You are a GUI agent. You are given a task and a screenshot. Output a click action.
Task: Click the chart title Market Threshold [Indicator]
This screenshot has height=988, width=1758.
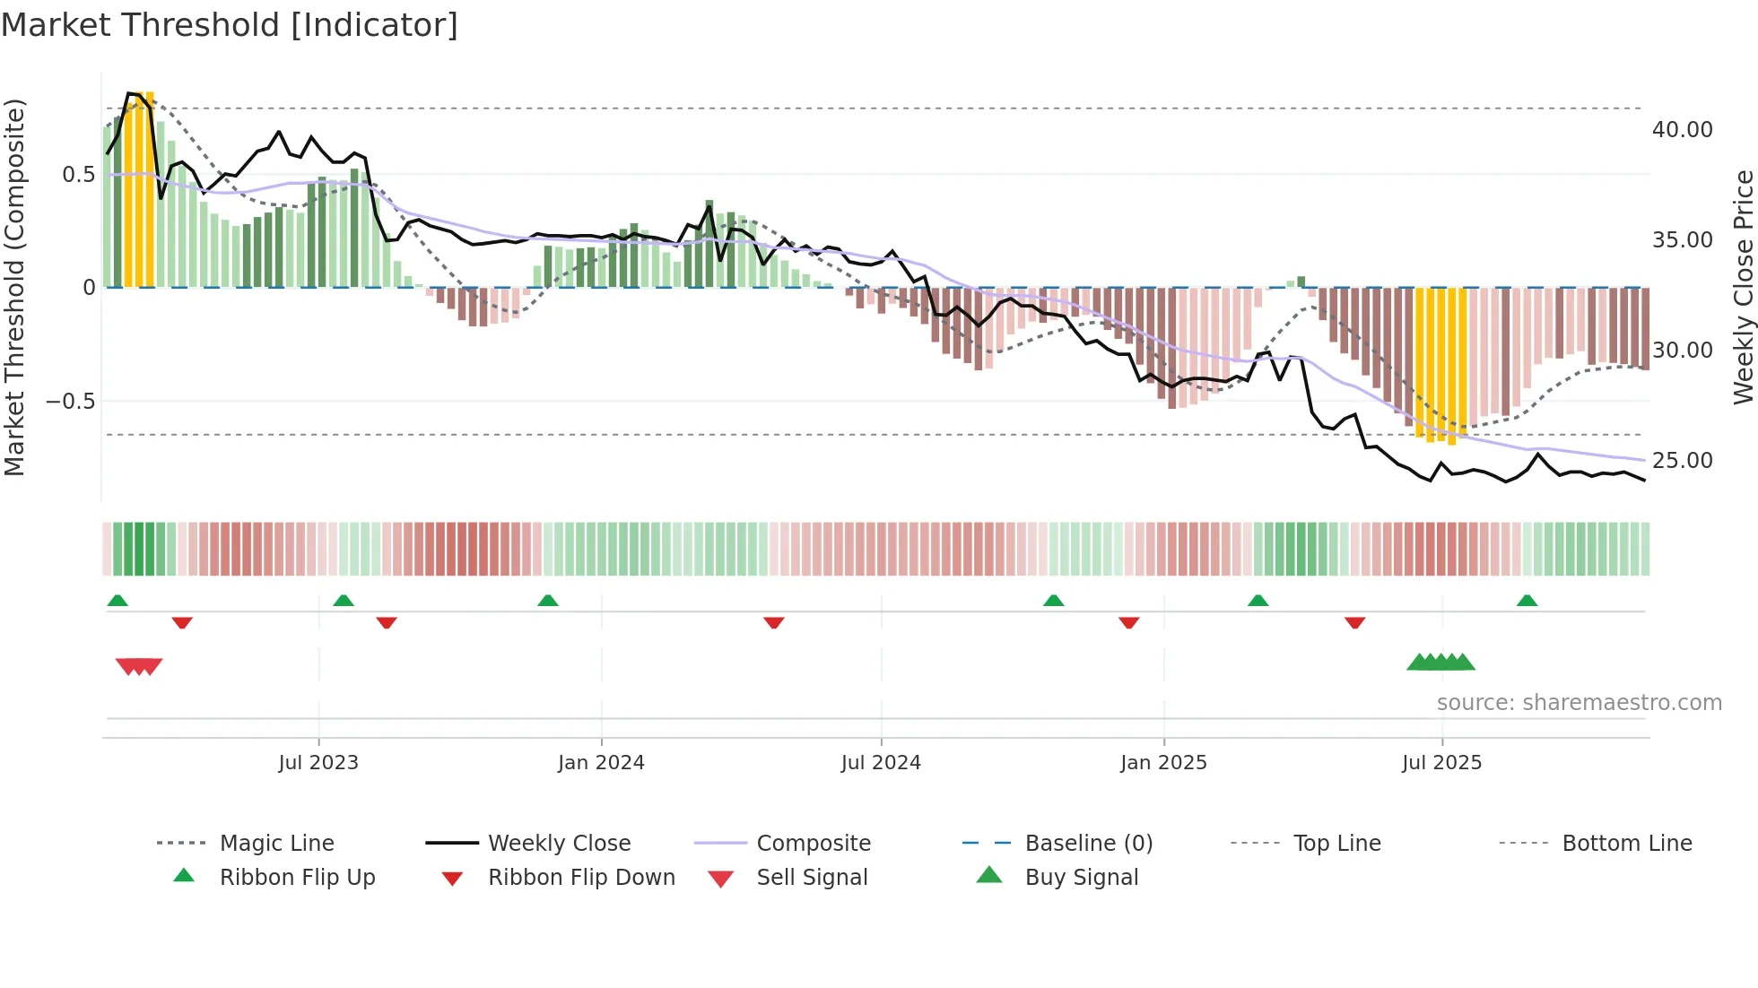click(230, 25)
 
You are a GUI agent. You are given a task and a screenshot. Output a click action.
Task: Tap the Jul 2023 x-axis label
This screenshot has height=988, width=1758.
click(318, 763)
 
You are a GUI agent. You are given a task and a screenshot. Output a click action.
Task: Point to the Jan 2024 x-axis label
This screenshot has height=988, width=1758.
click(601, 763)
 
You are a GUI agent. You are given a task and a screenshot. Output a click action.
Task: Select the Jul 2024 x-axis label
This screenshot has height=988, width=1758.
click(881, 763)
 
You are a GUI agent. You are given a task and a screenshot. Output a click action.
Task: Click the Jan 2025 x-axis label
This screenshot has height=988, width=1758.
click(1163, 763)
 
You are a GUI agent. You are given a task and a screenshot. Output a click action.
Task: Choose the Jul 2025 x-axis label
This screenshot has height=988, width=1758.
click(1442, 763)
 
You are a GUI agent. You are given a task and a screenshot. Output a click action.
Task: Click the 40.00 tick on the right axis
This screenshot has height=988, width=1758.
click(1682, 130)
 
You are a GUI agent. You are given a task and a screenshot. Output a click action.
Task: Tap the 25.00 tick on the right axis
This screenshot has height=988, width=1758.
click(1682, 461)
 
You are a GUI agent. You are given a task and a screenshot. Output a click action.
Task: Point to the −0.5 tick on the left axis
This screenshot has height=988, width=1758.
click(70, 401)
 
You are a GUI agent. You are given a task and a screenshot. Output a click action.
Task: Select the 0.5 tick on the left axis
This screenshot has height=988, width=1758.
click(78, 174)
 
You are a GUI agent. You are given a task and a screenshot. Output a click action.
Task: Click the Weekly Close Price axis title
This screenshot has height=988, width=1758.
click(1743, 287)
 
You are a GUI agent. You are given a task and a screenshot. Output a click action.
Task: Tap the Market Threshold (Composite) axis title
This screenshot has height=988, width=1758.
click(14, 287)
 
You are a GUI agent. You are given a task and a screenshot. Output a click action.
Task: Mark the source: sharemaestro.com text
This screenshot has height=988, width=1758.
click(1579, 703)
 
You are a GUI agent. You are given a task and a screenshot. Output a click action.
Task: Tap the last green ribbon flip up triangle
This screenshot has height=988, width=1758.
click(1527, 601)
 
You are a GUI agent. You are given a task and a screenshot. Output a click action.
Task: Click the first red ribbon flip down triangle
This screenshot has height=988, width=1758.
click(182, 622)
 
